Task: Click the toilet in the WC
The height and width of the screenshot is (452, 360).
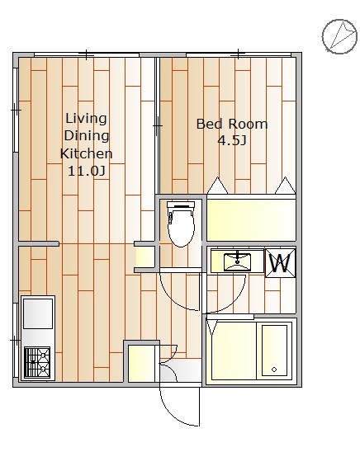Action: coord(181,224)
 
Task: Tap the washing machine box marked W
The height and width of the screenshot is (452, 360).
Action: coord(281,263)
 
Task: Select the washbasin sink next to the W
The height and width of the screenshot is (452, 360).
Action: coord(237,261)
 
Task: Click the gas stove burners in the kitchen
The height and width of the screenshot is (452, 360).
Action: coord(37,362)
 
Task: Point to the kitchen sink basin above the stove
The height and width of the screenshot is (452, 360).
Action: coord(38,313)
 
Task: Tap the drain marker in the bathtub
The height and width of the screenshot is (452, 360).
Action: coord(274,370)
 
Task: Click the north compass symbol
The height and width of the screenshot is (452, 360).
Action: coord(339,36)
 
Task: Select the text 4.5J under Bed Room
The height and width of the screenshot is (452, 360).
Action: coord(232,141)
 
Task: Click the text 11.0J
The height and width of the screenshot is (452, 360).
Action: coord(86,172)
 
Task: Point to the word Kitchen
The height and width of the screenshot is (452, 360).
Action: coord(86,153)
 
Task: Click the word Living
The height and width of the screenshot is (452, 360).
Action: coord(86,119)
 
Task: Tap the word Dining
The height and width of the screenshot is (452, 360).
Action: coord(87,136)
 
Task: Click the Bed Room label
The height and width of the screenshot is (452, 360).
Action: coord(232,124)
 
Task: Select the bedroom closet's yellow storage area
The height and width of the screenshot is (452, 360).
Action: coord(251,219)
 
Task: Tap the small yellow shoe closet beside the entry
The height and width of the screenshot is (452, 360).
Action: coord(141,364)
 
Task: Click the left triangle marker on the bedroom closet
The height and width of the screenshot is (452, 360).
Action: coord(218,186)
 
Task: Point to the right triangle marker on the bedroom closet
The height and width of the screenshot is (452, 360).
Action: coord(286,186)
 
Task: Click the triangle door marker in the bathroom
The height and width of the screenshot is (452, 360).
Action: coord(212,327)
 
